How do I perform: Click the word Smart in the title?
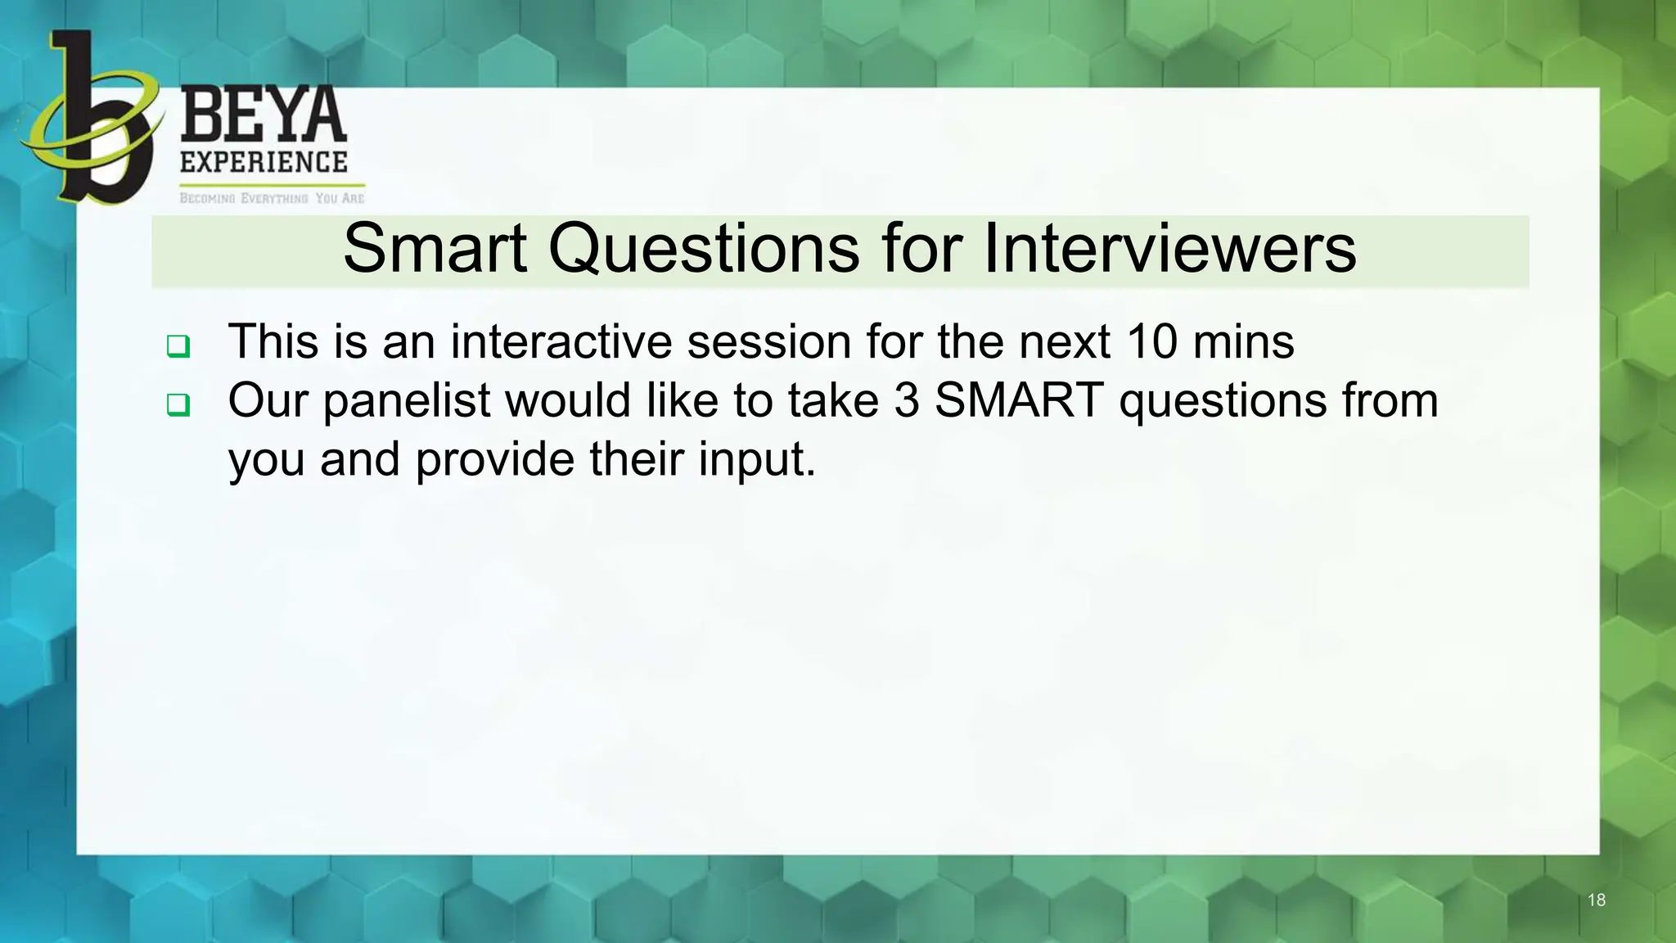pyautogui.click(x=435, y=249)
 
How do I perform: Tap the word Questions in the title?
pyautogui.click(x=704, y=249)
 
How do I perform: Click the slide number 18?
pyautogui.click(x=1596, y=900)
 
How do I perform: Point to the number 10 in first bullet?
pyautogui.click(x=1151, y=342)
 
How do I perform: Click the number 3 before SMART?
pyautogui.click(x=906, y=401)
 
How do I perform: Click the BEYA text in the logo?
pyautogui.click(x=263, y=117)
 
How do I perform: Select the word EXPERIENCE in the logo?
pyautogui.click(x=264, y=162)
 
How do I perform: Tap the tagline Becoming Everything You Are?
pyautogui.click(x=272, y=198)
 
